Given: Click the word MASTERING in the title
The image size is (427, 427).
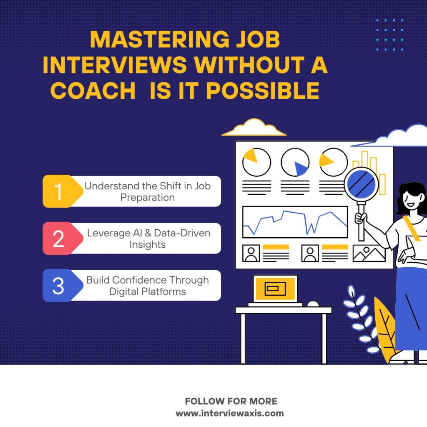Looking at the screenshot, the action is click(x=160, y=40).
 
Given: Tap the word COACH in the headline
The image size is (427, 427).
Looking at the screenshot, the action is click(x=93, y=90).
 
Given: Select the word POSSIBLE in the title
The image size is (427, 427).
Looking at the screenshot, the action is click(x=263, y=90).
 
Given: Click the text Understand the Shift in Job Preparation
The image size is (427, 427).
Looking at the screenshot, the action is click(x=148, y=191).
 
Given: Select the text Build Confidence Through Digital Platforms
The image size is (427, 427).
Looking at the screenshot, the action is click(x=148, y=286).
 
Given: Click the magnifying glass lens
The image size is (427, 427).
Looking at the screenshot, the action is click(x=362, y=184).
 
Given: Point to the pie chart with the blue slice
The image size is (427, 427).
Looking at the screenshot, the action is click(x=295, y=162).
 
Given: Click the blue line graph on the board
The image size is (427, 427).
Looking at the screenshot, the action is click(x=295, y=222).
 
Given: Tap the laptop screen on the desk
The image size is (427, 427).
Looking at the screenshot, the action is click(x=275, y=289).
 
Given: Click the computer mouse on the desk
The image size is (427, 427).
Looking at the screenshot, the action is click(x=313, y=304).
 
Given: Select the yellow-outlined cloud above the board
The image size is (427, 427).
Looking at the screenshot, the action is click(x=254, y=128).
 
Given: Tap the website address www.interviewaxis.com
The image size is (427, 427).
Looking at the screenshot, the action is click(x=230, y=413).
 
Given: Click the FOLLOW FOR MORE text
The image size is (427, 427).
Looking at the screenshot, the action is click(x=231, y=401).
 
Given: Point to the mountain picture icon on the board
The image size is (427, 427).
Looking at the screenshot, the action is click(x=369, y=253).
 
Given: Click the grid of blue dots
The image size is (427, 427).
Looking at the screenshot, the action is click(x=390, y=35).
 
